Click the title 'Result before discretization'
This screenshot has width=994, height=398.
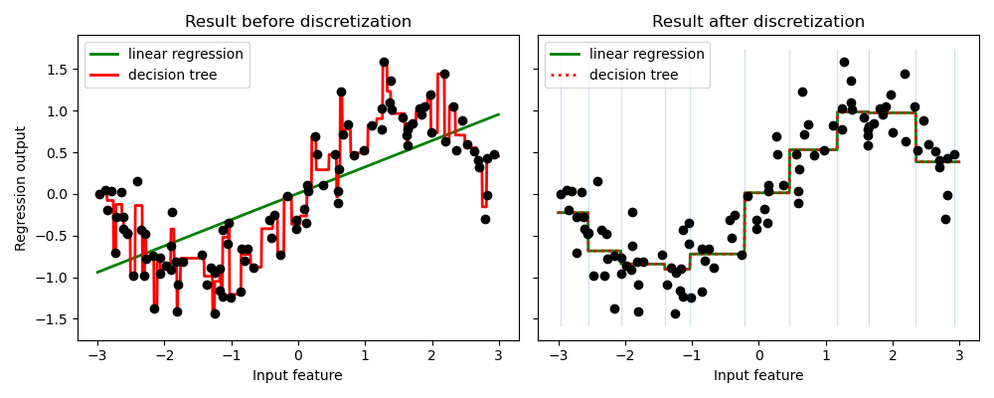click(x=298, y=22)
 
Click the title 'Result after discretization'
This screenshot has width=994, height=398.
click(x=758, y=22)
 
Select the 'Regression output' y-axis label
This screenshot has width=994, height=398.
click(x=21, y=188)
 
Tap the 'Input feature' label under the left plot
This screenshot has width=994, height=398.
click(x=297, y=375)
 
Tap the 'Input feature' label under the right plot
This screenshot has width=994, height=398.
click(x=758, y=375)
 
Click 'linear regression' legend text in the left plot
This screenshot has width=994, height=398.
click(x=186, y=54)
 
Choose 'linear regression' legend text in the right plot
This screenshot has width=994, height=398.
click(x=646, y=54)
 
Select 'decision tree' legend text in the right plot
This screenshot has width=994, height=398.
click(x=633, y=75)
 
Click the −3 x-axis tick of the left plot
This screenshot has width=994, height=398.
click(x=97, y=355)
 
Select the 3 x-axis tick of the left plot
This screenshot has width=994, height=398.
click(x=498, y=355)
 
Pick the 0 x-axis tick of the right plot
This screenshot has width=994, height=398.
click(x=758, y=355)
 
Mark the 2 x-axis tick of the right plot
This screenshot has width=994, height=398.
click(x=893, y=355)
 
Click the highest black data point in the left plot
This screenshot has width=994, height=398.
click(x=384, y=62)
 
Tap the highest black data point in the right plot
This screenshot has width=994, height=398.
click(x=844, y=62)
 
